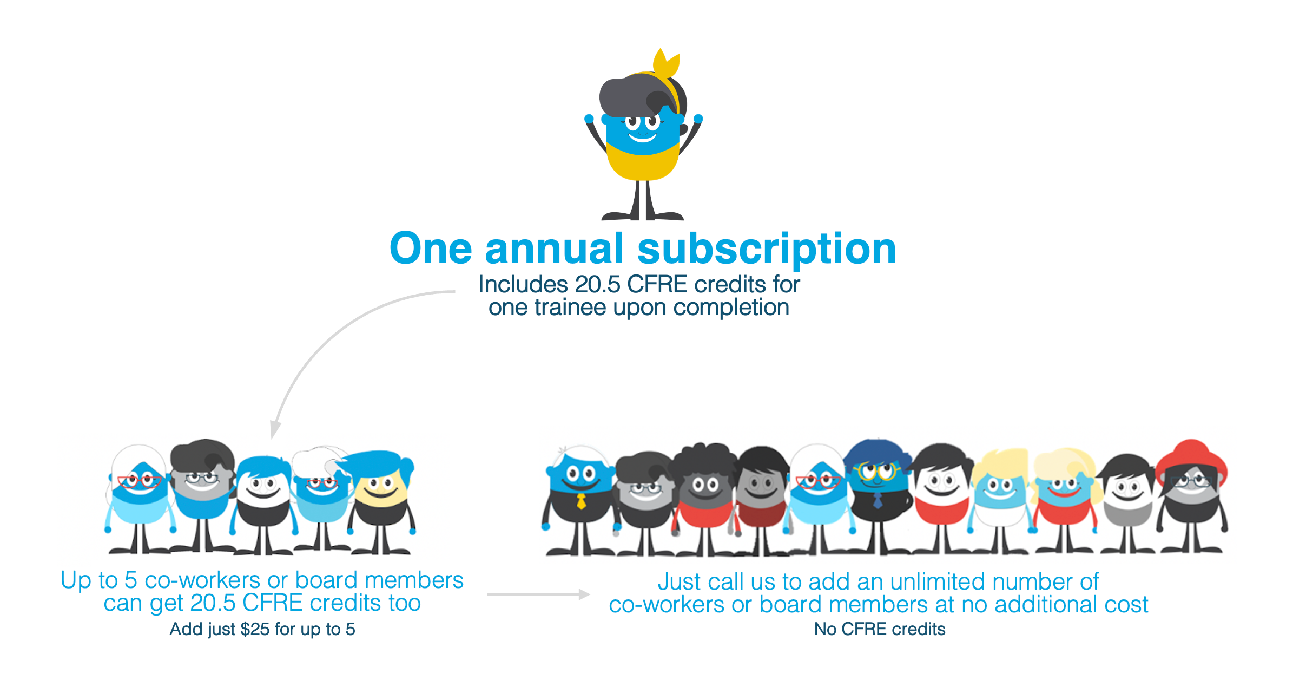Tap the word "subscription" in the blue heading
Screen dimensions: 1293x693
point(767,249)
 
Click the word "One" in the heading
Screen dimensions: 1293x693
point(431,249)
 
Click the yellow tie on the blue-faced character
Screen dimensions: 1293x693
point(581,501)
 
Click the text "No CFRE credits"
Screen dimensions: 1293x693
point(880,629)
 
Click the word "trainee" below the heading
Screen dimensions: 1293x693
point(570,308)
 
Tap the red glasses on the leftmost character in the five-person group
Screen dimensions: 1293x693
point(139,481)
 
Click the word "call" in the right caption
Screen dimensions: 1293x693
point(727,581)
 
